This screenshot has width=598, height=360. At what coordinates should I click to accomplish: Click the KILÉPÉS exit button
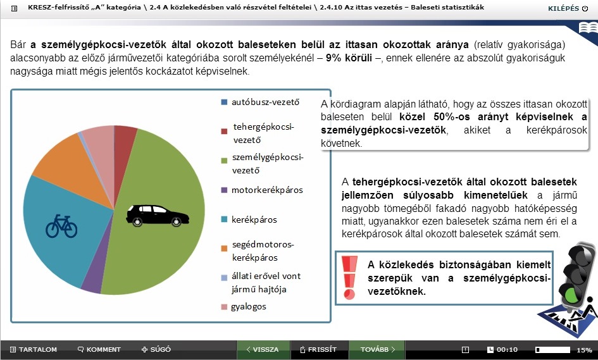click(568, 8)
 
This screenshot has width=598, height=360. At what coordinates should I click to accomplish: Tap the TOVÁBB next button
click(378, 349)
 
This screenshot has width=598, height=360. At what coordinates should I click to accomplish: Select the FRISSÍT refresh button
click(318, 349)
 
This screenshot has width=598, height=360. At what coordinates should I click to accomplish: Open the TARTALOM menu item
click(34, 349)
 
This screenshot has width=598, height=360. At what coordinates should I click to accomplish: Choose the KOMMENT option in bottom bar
click(99, 349)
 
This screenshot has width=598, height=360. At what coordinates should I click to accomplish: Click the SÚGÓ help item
click(156, 349)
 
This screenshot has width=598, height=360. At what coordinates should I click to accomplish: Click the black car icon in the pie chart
click(158, 216)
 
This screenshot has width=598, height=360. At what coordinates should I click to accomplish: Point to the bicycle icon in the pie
click(61, 226)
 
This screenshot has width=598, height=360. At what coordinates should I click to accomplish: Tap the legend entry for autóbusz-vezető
click(261, 102)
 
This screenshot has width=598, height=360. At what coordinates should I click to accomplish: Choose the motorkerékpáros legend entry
click(262, 190)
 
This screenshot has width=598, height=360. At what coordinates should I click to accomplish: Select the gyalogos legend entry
click(244, 307)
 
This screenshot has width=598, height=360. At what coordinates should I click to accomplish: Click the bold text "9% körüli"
click(349, 58)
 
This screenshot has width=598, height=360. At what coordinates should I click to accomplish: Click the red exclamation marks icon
click(349, 277)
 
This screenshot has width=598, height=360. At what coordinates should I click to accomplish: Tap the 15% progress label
click(584, 350)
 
